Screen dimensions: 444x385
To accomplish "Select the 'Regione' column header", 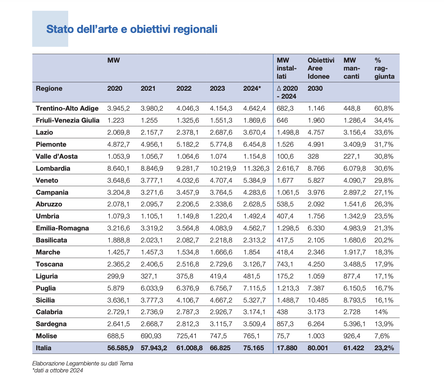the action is point(49,89).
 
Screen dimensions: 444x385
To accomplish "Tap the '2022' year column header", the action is point(184,89).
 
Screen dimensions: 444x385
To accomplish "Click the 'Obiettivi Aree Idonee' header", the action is point(321,68).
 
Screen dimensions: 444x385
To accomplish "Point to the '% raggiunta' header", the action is point(385,68).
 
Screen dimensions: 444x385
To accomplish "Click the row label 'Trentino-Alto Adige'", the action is point(67,108).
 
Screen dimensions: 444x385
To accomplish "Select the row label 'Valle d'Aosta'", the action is point(57,156).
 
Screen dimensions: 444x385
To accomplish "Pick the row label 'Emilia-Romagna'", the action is point(62,228).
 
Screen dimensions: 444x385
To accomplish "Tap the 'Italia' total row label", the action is point(44,348).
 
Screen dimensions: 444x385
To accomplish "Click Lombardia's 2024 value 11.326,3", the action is point(256,168).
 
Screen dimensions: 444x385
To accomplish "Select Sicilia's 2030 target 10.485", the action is point(318,300).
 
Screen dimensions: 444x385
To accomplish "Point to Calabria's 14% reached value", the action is point(381,312).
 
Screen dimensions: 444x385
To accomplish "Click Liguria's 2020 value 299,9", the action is point(116,276).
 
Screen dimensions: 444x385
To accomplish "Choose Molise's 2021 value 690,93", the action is point(151,336).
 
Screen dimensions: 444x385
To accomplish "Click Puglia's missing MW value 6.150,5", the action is point(355,288).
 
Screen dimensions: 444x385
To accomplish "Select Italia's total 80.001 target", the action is point(318,348).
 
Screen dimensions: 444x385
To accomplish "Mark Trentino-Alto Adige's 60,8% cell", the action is point(384,108).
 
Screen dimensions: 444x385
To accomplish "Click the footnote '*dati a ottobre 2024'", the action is point(57,370).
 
